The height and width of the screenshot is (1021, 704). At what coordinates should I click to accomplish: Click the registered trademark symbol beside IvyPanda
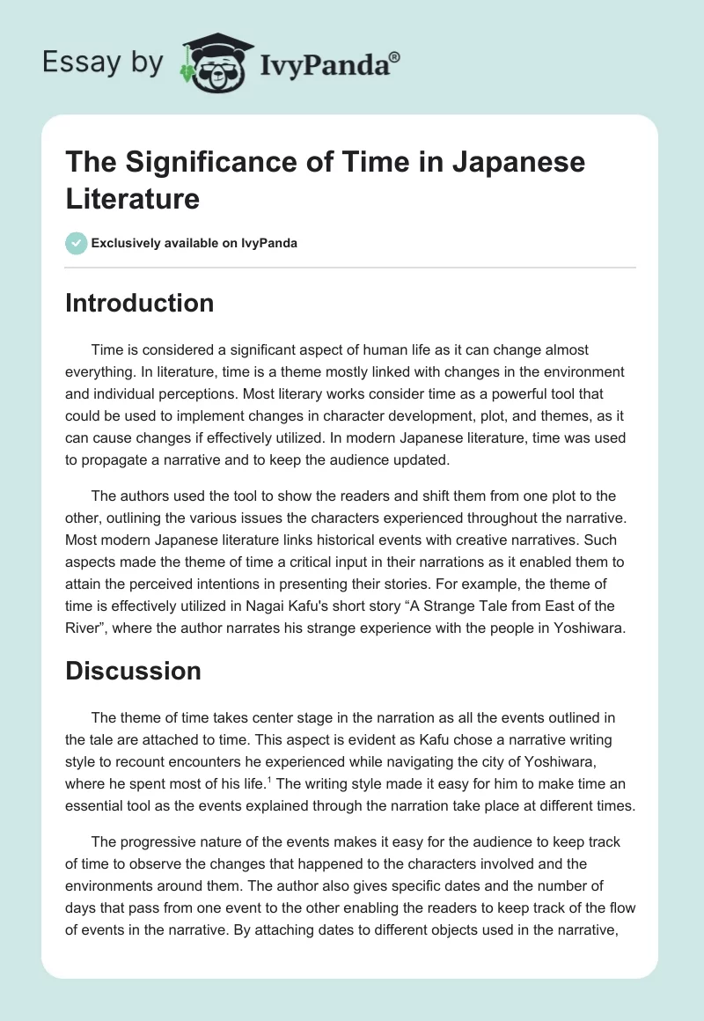tap(395, 58)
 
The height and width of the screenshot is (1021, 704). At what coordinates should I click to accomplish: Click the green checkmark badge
tap(77, 243)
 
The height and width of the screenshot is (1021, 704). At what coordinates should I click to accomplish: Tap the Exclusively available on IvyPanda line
tap(194, 243)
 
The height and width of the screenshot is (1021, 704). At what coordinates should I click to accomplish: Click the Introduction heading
tap(140, 303)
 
